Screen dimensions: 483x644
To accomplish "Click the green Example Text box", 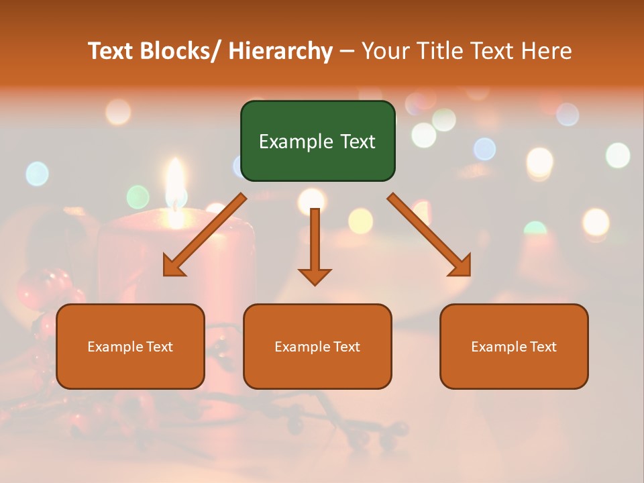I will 317,141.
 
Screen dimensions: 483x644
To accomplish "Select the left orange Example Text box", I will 130,346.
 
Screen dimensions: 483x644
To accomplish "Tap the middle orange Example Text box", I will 317,346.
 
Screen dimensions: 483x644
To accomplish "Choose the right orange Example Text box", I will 514,346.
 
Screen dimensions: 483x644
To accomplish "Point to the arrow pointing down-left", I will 205,234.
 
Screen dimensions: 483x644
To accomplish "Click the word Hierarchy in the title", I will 280,51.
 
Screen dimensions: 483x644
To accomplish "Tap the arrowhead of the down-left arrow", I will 173,266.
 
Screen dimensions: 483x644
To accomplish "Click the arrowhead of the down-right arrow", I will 461,266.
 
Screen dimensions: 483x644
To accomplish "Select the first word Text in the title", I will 111,51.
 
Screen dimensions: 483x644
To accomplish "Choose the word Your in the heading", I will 386,51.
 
